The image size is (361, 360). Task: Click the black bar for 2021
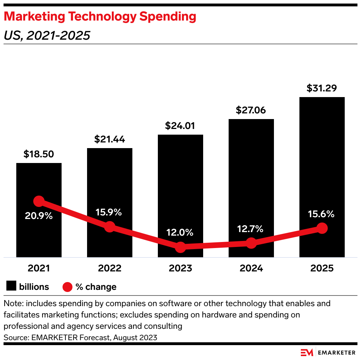39,234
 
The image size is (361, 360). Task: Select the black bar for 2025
322,159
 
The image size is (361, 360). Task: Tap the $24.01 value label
180,126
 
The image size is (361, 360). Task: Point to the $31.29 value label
322,88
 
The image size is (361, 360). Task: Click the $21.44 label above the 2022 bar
109,139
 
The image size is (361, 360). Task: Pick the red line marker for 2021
39,201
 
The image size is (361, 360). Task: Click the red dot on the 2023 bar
180,247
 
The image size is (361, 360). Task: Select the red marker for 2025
322,228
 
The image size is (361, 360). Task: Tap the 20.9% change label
39,215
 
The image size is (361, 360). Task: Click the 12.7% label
251,229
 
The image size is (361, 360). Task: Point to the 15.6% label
321,214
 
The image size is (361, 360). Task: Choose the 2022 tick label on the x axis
110,268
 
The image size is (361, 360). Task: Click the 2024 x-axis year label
251,268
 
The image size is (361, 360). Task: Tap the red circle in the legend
67,287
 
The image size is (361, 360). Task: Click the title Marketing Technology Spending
100,16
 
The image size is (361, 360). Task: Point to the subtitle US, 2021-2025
47,35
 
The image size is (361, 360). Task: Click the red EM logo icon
307,353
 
